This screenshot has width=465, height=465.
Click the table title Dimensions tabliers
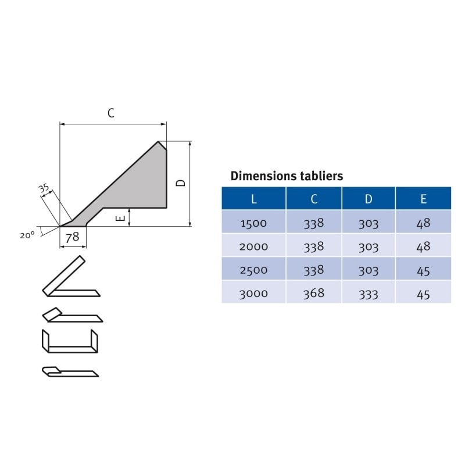(287, 176)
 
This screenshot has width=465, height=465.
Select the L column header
(253, 199)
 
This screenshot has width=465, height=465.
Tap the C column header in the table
(314, 199)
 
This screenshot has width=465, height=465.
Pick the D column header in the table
(369, 199)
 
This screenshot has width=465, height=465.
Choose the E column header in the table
(423, 199)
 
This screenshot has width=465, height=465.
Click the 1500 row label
(253, 223)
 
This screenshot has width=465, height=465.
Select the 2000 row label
(253, 246)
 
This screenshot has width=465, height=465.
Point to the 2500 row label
(253, 270)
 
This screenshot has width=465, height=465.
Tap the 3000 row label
(253, 294)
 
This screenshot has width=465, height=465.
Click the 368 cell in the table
(314, 294)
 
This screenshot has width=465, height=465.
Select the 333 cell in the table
(369, 294)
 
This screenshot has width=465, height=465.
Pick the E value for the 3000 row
(423, 294)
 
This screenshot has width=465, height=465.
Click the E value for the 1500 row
(423, 223)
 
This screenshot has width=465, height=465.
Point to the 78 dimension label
(73, 237)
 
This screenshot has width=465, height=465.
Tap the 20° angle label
(27, 235)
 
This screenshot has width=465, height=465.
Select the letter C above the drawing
(111, 113)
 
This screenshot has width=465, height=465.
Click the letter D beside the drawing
(181, 183)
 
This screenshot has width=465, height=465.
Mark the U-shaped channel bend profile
(70, 341)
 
